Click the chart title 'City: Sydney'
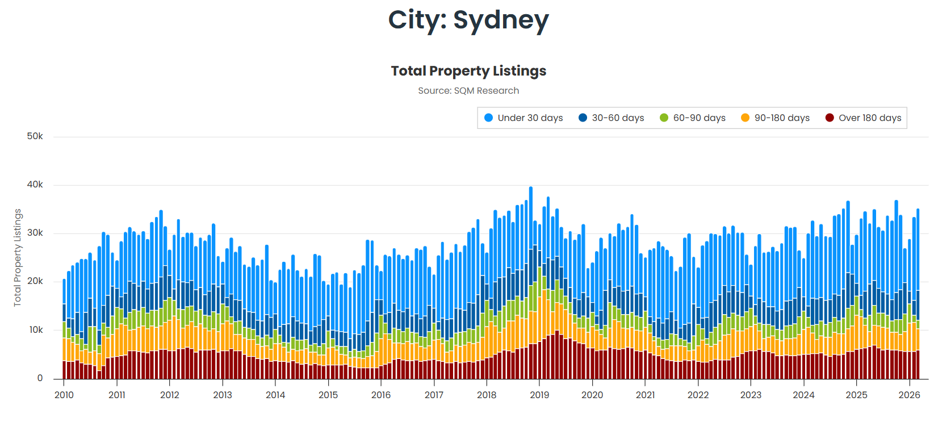point(468,20)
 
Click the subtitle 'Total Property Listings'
point(468,71)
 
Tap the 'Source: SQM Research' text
point(468,91)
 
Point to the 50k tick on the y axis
point(35,136)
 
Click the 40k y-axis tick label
point(35,185)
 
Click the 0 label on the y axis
point(40,378)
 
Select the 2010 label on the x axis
point(64,395)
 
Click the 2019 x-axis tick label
point(539,395)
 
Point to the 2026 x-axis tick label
point(909,395)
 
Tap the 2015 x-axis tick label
point(328,395)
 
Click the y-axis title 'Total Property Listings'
point(18,257)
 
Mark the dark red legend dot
point(830,118)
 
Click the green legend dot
point(664,118)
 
